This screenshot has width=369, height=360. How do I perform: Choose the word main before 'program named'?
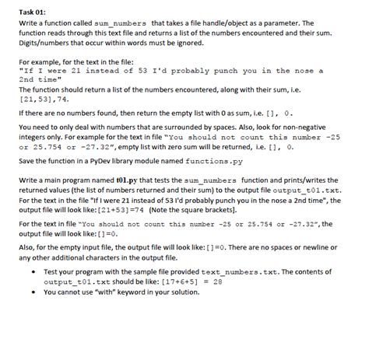[56, 179]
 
